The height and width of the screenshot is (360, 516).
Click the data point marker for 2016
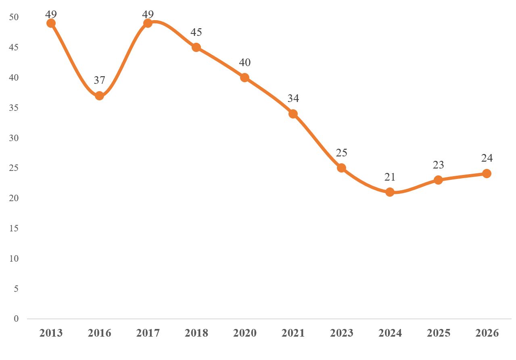coord(99,96)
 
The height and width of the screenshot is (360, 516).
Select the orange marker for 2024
coord(390,192)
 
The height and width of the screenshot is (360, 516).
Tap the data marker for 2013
coord(51,23)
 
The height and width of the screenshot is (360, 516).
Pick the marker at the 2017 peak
coord(148,23)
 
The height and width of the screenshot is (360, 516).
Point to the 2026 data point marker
coord(487,174)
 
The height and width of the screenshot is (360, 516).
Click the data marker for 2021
coord(293,114)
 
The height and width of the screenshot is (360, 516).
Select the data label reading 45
coord(196,32)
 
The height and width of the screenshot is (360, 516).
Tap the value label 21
coord(390,177)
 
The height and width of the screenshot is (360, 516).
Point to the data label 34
coord(293,99)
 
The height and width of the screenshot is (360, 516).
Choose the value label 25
coord(341,153)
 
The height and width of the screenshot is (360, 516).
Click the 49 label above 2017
coord(148,15)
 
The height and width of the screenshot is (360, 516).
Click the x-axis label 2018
coord(196,333)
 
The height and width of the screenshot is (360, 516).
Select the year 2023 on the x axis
coord(342,333)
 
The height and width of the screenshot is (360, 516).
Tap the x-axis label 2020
coord(245,333)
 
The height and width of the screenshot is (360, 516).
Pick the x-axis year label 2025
coord(439,333)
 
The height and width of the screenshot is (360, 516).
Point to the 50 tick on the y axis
coord(15,17)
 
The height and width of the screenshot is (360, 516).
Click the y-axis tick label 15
coord(15,228)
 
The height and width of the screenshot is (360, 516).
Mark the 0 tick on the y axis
coord(17,318)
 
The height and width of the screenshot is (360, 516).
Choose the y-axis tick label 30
coord(15,138)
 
